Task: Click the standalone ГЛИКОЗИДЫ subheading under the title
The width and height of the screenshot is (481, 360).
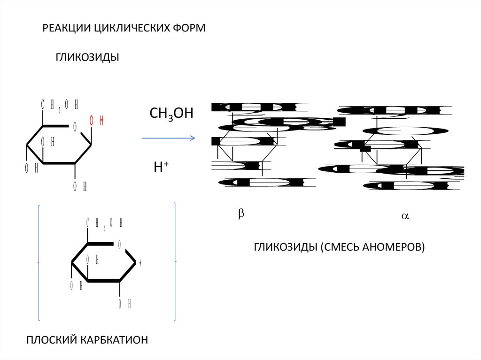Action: pos(88,57)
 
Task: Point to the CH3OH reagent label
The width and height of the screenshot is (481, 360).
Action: pos(171,114)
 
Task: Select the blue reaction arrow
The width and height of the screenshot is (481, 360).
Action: pos(168,138)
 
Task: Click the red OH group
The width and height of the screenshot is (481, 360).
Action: pos(96,121)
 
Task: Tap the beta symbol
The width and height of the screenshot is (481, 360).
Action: pos(241,213)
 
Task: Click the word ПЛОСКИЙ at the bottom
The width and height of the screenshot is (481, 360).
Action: pos(51,339)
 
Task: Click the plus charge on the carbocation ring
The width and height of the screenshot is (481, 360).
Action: pos(140,263)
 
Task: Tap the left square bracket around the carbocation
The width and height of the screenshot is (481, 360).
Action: pos(39,262)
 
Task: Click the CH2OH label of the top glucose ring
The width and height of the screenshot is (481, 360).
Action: pos(59,105)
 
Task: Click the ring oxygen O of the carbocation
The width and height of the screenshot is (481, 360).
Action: pos(120,244)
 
